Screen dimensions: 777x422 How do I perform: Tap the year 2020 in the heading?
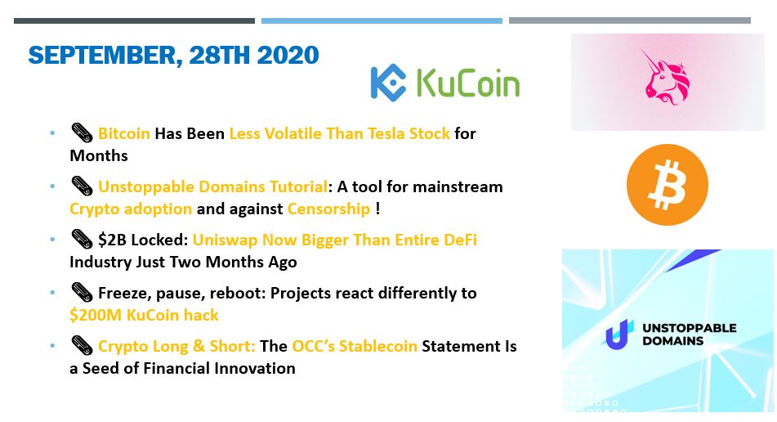click(x=288, y=55)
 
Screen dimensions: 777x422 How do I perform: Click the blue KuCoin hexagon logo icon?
click(x=388, y=83)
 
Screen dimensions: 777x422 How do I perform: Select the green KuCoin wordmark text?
click(x=468, y=83)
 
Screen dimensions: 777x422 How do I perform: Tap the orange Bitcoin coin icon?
click(x=667, y=185)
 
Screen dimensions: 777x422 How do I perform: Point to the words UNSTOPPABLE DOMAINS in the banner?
click(x=690, y=334)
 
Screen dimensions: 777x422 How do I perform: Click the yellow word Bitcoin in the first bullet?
click(x=124, y=133)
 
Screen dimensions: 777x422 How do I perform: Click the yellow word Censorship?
click(x=328, y=209)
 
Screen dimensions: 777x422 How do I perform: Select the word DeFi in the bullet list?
click(x=460, y=240)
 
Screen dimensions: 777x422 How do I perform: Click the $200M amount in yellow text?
click(x=96, y=315)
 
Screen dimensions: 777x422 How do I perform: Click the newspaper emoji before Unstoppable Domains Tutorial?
click(x=82, y=186)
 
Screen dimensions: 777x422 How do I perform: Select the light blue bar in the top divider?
click(x=382, y=20)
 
